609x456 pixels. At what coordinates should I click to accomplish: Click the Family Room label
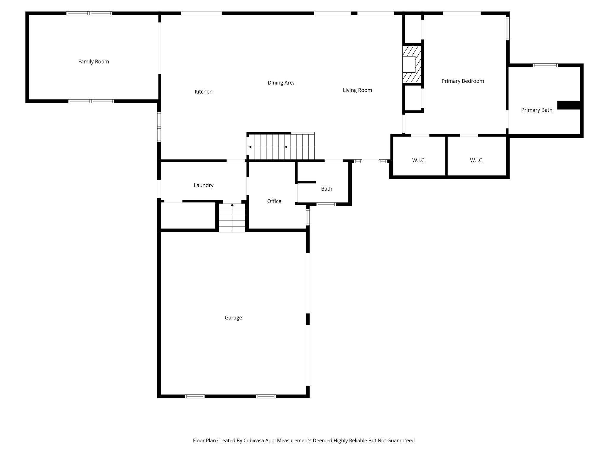[x=93, y=61]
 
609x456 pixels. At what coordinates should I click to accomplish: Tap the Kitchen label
[x=203, y=92]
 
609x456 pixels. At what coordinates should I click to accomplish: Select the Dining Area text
[x=281, y=83]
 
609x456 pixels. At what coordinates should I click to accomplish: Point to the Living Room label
[x=357, y=90]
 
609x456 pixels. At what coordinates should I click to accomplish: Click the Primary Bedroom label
[x=462, y=81]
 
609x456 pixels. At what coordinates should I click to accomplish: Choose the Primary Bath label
[x=536, y=110]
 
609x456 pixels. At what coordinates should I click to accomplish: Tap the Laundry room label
[x=203, y=185]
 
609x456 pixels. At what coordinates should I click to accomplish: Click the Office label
[x=274, y=201]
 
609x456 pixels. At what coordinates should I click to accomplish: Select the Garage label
[x=233, y=318]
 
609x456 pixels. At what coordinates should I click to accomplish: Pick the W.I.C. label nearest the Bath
[x=419, y=161]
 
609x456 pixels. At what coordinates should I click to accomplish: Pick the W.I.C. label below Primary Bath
[x=476, y=161]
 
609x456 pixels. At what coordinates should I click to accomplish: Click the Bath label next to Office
[x=326, y=189]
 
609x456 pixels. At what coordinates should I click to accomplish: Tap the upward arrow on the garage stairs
[x=232, y=205]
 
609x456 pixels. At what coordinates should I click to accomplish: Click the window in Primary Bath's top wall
[x=545, y=65]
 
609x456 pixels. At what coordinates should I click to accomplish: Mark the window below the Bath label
[x=326, y=204]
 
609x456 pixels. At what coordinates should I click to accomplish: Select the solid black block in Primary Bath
[x=569, y=105]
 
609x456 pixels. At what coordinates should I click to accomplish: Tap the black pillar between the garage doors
[x=308, y=319]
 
